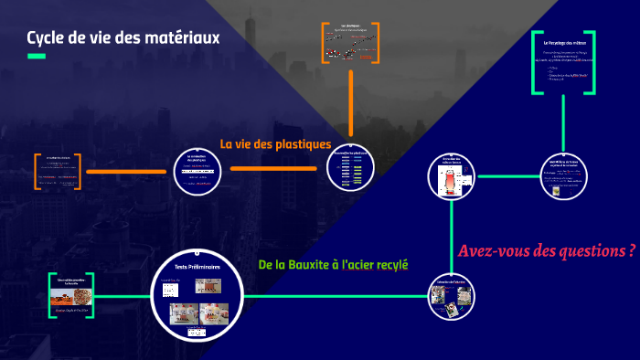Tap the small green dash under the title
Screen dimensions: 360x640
(x=36, y=57)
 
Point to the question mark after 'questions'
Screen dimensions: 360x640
(x=632, y=250)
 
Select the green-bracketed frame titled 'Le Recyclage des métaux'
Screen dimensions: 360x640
(x=563, y=62)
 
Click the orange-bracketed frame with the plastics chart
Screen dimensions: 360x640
(x=351, y=42)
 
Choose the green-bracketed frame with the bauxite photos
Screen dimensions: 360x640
(x=72, y=294)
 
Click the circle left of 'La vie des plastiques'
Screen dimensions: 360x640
(x=199, y=170)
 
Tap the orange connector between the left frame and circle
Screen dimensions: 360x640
(x=129, y=171)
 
